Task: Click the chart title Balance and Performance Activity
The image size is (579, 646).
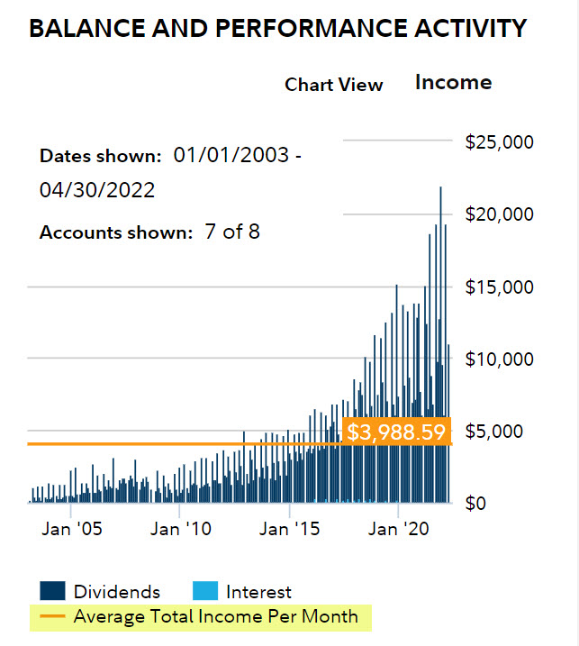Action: click(277, 28)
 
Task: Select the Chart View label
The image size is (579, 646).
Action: click(334, 85)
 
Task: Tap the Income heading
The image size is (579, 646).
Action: click(453, 82)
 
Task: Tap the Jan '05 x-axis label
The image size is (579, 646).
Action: click(71, 529)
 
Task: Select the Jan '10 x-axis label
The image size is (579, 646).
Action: click(180, 529)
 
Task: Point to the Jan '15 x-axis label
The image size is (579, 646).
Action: click(289, 529)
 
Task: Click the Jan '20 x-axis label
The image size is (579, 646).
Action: click(397, 529)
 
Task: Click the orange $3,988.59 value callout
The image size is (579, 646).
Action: click(396, 432)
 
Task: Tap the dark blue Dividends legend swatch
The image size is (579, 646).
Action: click(52, 591)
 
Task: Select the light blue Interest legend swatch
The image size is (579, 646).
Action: click(205, 591)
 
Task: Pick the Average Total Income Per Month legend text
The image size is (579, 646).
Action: click(216, 617)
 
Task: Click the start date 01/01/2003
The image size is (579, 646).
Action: click(231, 155)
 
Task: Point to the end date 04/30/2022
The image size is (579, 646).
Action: click(97, 191)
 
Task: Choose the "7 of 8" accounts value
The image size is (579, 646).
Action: click(231, 232)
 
